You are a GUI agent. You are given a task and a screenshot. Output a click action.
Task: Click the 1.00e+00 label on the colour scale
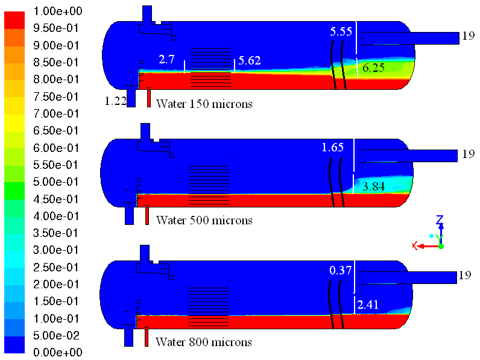(x=58, y=11)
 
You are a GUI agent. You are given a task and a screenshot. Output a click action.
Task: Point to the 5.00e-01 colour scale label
(x=55, y=182)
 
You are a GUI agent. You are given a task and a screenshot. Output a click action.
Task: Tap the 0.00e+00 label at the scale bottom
(x=58, y=352)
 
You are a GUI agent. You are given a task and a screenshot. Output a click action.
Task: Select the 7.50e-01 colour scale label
(x=55, y=96)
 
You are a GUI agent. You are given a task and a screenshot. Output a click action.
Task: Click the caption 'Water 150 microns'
(x=204, y=104)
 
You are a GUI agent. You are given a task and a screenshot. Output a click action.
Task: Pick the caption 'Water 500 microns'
(x=204, y=220)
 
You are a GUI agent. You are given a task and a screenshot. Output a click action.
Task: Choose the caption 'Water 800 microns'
(x=204, y=342)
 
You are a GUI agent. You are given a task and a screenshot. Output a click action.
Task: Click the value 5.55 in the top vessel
(x=341, y=31)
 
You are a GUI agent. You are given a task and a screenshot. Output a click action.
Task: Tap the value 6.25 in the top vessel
(x=373, y=68)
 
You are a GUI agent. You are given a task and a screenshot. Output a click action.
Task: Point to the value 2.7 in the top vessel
(x=166, y=59)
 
